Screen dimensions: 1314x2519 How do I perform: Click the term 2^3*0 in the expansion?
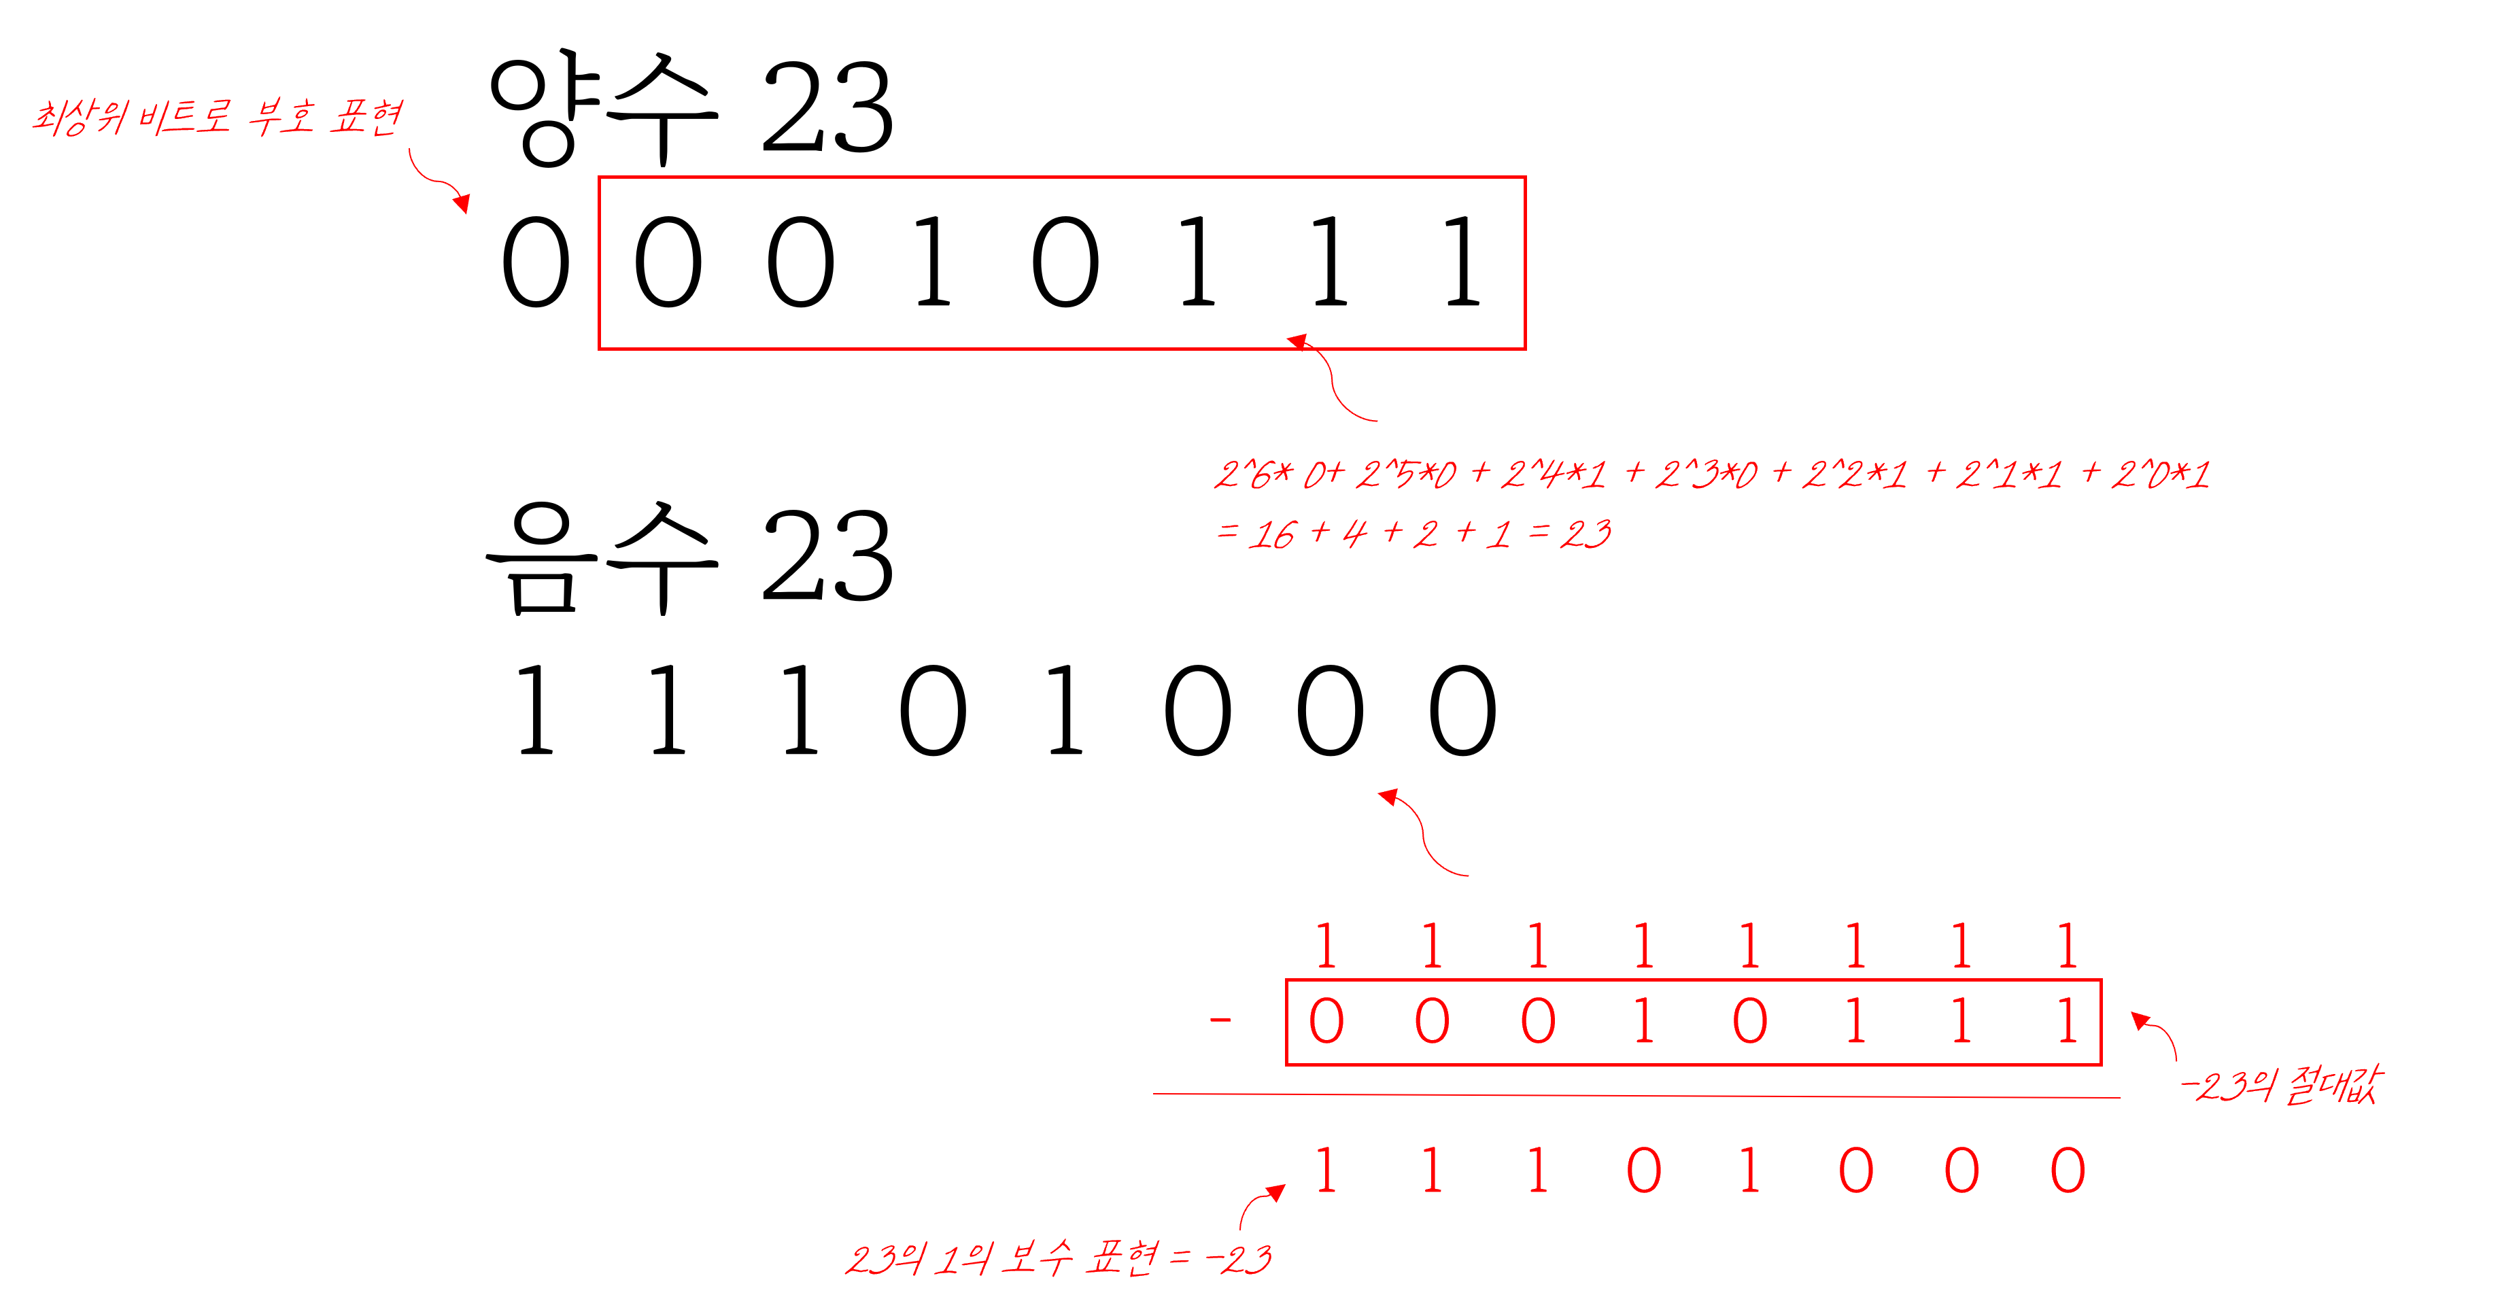(1707, 475)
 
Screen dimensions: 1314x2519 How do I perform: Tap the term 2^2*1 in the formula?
(1854, 475)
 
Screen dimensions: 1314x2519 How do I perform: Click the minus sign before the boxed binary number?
(1220, 1022)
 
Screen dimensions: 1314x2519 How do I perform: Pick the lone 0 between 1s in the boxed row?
(1749, 1022)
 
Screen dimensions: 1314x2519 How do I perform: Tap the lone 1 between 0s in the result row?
(1749, 1171)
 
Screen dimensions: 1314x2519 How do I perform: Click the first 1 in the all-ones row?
(1326, 946)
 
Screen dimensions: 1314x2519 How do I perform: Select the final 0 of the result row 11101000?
(2068, 1171)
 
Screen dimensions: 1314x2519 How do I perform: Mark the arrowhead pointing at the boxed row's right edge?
(2140, 1021)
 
